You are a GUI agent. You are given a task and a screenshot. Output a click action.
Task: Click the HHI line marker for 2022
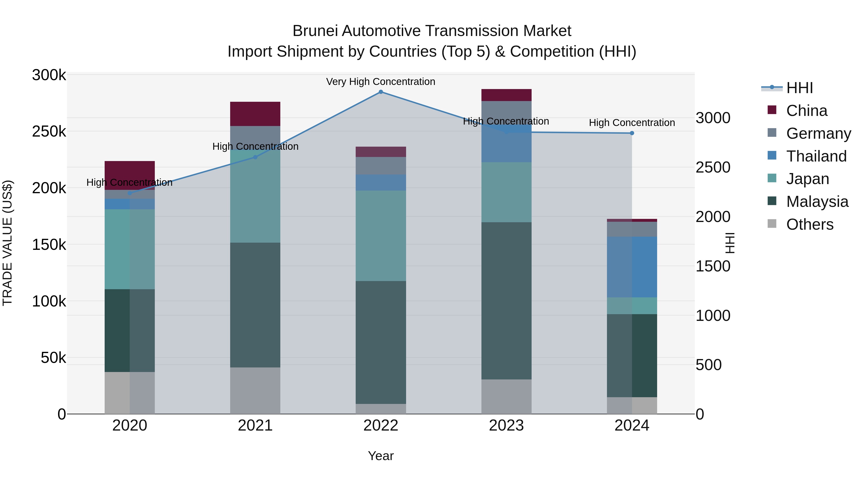point(381,92)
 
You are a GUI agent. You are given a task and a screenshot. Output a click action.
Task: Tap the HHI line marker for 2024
point(632,133)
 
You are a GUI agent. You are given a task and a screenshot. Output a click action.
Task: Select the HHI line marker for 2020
point(130,193)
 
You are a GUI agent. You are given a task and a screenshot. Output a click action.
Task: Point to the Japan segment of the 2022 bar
point(381,235)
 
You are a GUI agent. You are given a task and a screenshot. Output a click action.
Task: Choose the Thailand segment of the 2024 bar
point(632,267)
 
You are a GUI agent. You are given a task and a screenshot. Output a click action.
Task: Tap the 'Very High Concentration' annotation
point(381,82)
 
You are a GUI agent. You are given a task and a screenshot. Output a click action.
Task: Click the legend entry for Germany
point(818,133)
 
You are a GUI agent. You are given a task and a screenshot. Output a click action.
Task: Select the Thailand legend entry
point(816,156)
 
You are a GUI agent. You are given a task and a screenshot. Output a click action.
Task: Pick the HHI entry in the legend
point(800,88)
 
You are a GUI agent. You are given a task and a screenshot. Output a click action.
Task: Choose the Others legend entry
point(810,224)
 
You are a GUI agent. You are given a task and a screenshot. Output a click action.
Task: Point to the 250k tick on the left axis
point(49,132)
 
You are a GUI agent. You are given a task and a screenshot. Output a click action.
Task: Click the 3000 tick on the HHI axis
point(713,118)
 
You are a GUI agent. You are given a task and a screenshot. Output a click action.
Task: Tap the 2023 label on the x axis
point(506,426)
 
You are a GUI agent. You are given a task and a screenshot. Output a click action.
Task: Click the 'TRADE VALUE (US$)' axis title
point(8,243)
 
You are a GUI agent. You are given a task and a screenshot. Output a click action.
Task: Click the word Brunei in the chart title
point(314,31)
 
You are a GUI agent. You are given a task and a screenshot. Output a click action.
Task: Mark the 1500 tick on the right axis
point(713,266)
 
